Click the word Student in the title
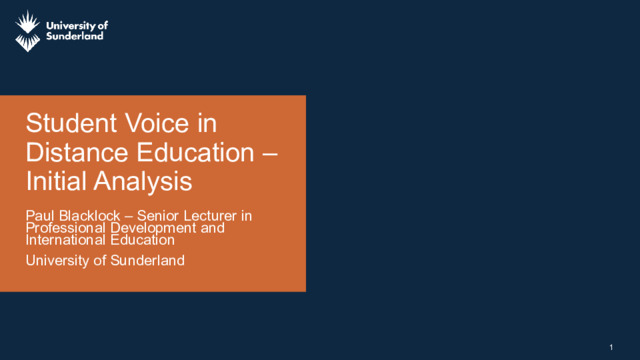71,123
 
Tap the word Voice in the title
157,123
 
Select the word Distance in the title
77,152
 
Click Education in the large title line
195,152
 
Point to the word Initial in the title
56,181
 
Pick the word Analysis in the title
143,182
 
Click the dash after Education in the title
270,154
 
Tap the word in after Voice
207,123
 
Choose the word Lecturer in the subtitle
212,216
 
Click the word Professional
66,228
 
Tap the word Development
153,229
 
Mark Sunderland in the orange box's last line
147,260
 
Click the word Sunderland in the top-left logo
75,36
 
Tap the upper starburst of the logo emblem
28,22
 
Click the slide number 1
611,347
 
